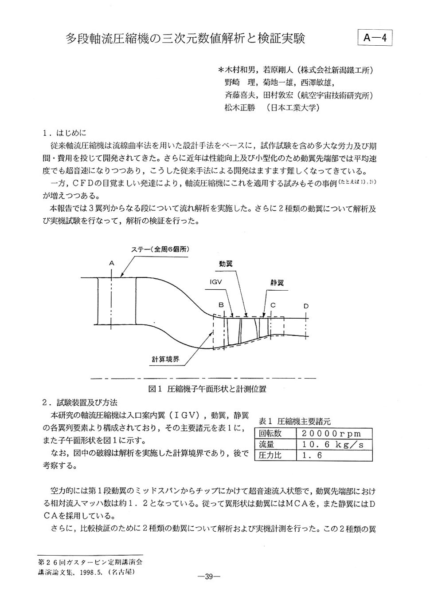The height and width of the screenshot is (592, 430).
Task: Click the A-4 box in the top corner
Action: tap(375, 38)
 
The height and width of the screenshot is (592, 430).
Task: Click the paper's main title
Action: tap(186, 39)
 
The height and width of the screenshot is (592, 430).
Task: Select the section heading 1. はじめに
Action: tap(65, 133)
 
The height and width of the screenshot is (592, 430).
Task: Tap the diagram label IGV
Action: tap(215, 282)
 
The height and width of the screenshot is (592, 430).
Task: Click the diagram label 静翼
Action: tap(277, 283)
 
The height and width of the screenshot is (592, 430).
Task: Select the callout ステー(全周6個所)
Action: tap(160, 249)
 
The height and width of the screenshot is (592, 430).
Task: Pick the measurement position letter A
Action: tap(112, 263)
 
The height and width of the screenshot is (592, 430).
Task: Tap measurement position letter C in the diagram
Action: tap(273, 305)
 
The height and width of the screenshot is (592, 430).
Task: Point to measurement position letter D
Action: tap(306, 306)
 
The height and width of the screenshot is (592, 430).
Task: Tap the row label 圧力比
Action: tap(270, 455)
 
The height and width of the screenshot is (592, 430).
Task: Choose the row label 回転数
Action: tap(270, 434)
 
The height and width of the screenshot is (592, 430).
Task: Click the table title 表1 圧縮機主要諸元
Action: tap(294, 422)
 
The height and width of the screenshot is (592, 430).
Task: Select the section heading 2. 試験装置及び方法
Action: tap(80, 403)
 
